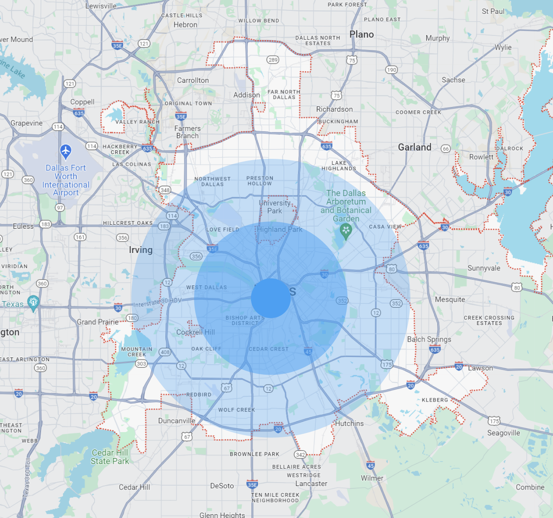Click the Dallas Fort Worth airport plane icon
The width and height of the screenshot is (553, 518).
point(66,152)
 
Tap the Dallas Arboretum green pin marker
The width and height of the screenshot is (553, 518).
point(346,231)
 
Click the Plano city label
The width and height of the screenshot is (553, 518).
point(362,35)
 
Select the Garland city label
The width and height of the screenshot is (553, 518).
point(414,147)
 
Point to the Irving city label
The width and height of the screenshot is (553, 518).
point(140,250)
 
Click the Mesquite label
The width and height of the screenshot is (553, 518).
point(450,300)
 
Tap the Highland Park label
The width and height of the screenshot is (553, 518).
point(280,230)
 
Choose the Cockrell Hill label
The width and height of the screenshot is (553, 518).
point(195,332)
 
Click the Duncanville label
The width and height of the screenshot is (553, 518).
point(176,421)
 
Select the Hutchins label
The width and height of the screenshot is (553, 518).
point(349,423)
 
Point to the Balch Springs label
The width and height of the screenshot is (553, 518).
point(429,339)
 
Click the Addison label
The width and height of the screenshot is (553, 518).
point(247,95)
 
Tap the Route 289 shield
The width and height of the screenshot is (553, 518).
point(273,60)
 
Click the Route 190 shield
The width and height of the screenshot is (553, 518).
point(391,70)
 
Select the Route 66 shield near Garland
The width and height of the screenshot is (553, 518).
point(445,149)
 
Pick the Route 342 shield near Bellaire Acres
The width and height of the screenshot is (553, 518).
point(300,455)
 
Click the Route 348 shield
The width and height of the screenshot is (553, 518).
point(165,190)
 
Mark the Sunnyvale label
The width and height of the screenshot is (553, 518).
point(484,268)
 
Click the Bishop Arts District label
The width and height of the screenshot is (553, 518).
point(245,320)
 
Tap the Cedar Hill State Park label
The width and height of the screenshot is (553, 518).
point(110,457)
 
